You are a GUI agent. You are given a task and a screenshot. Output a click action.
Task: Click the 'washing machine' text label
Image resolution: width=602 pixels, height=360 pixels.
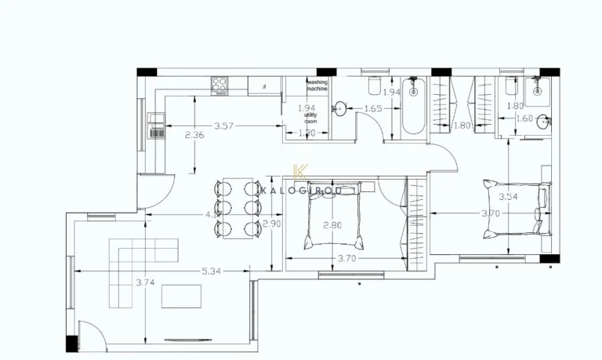(317, 85)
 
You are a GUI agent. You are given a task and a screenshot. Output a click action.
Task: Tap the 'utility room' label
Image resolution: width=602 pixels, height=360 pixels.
(310, 118)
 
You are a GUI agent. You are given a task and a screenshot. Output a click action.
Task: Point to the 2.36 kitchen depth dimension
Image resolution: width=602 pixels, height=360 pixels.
(194, 136)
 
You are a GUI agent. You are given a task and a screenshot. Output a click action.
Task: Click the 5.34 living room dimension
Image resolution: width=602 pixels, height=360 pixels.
(210, 271)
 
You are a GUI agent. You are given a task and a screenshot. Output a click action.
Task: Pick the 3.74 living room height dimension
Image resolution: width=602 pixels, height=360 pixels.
(144, 282)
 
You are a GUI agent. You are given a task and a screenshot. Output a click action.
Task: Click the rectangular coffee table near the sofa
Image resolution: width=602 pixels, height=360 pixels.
(181, 296)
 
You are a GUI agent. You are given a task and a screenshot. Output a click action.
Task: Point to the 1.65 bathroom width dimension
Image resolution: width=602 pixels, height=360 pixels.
(373, 109)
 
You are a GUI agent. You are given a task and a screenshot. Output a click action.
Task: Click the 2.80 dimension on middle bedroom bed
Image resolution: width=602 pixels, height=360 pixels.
(332, 226)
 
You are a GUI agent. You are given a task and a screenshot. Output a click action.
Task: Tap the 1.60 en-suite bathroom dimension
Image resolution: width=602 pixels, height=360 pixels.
(524, 119)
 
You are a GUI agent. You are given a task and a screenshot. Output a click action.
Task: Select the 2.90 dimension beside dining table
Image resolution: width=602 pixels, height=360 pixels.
(270, 224)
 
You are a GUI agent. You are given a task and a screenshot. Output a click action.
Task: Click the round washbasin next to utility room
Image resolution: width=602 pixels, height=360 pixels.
(341, 108)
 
